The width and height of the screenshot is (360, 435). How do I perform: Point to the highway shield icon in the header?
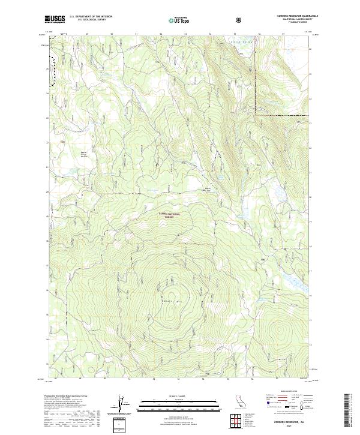coord(239,19)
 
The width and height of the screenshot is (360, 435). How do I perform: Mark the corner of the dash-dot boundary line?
coord(256,112)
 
